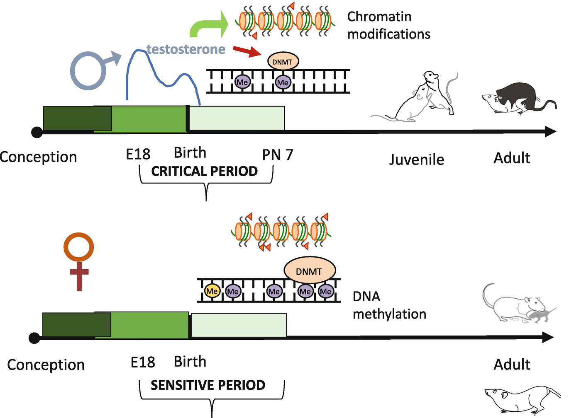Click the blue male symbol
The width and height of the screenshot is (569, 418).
[x=89, y=70]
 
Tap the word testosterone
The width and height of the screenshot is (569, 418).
[x=186, y=49]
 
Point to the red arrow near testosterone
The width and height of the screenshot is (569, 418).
[x=247, y=51]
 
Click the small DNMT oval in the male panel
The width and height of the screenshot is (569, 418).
[x=283, y=62]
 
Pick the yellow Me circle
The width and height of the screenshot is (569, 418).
[x=212, y=291]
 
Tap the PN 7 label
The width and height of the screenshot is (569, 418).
[x=277, y=155]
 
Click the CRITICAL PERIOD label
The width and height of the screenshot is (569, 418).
[x=204, y=171]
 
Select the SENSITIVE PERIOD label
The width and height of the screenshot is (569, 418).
[x=208, y=385]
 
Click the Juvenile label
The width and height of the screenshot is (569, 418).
[x=416, y=160]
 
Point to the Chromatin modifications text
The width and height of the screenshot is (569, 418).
[x=388, y=25]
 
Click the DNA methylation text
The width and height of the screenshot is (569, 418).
[x=389, y=305]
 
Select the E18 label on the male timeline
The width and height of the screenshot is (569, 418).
[x=138, y=155]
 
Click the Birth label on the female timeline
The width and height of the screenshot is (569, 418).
[x=190, y=361]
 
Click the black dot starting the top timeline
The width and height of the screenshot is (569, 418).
[x=37, y=132]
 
